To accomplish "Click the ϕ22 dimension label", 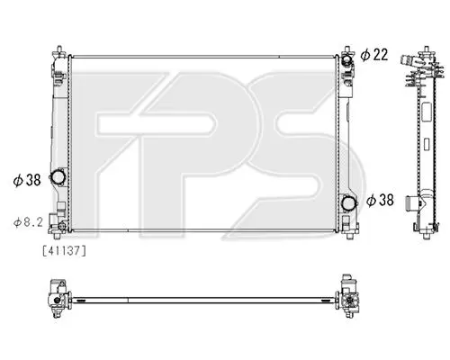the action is [x=374, y=55].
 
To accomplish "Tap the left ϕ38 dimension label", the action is [x=27, y=180].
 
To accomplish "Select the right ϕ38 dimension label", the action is [x=380, y=200].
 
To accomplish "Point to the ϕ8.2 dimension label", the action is [x=28, y=222].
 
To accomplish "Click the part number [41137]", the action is [x=65, y=250].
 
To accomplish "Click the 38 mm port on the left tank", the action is [x=58, y=176].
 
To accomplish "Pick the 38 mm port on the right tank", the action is [x=348, y=203].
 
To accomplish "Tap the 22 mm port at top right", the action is [x=346, y=59].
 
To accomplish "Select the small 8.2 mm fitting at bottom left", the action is [x=62, y=226].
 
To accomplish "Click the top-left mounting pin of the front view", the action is [x=59, y=49].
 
